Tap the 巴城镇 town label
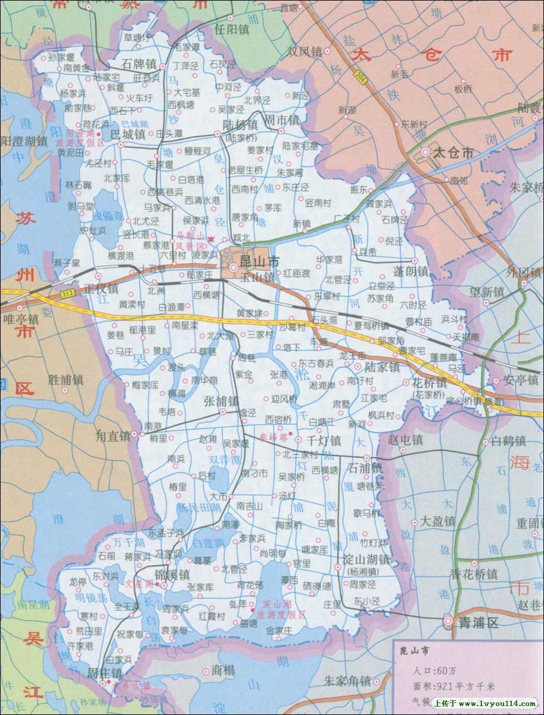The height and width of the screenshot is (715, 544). (x=128, y=134)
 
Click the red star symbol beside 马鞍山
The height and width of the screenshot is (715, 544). (x=210, y=238)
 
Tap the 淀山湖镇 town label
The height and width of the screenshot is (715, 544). (x=366, y=559)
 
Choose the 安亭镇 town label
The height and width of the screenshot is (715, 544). (x=521, y=379)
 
